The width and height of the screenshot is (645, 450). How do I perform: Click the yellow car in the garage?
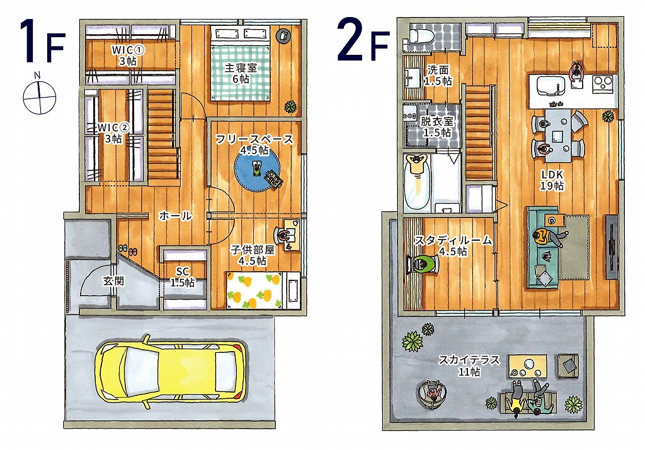[171, 372]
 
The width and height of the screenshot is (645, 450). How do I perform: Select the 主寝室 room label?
[241, 67]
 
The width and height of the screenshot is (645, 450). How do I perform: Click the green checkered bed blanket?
[240, 72]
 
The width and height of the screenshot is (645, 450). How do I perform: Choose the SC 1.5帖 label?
[182, 277]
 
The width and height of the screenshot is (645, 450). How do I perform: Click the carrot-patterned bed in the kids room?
[254, 289]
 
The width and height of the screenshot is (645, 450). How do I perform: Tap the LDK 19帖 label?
[552, 180]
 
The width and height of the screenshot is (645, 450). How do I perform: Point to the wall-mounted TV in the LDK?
[612, 246]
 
